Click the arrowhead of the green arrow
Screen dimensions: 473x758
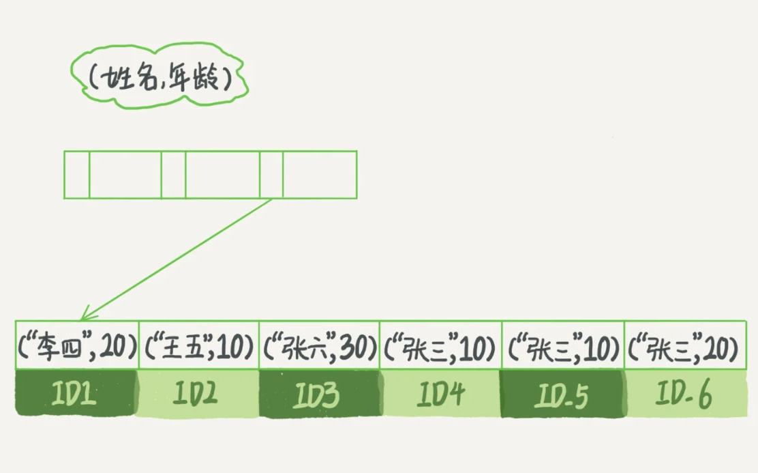pos(84,316)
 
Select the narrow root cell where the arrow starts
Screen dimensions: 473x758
pos(271,175)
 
